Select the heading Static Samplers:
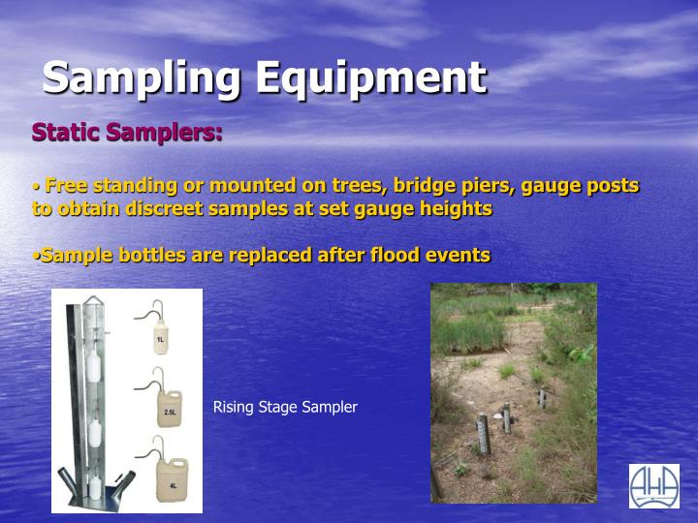[127, 132]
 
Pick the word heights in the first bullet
[459, 208]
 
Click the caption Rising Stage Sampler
[285, 407]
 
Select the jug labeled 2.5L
[169, 408]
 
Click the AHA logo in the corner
[653, 485]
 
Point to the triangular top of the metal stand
[91, 303]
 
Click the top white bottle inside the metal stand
[94, 369]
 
